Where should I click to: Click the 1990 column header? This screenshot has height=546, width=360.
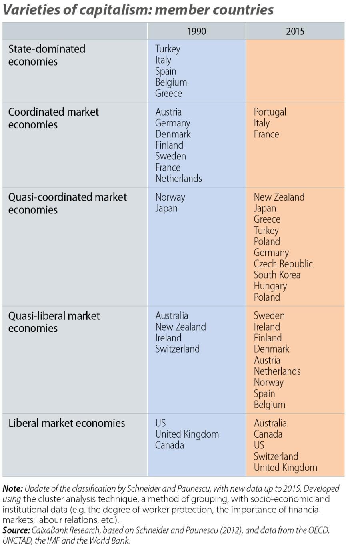[x=196, y=31]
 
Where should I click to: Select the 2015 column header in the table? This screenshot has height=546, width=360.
[x=295, y=31]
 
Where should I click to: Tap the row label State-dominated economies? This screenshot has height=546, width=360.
[x=46, y=55]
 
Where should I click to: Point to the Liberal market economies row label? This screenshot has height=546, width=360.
[x=66, y=423]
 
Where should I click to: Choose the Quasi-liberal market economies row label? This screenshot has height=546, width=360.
[x=54, y=322]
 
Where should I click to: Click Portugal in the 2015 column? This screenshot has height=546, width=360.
[x=270, y=112]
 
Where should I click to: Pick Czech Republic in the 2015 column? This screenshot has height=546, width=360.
[x=283, y=264]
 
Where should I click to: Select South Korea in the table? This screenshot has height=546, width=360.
[x=277, y=275]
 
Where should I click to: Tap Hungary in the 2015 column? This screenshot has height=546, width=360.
[x=270, y=286]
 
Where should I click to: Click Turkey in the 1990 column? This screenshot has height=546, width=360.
[x=168, y=49]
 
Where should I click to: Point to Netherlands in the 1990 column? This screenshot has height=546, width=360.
[x=178, y=179]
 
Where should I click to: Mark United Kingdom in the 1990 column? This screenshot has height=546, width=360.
[x=187, y=434]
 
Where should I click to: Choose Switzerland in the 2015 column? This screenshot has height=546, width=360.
[x=276, y=456]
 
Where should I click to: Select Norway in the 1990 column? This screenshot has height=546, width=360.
[x=170, y=197]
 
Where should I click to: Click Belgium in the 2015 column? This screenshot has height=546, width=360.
[x=270, y=405]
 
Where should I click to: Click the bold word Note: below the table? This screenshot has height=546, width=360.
[x=12, y=489]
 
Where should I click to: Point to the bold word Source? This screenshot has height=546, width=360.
[x=16, y=530]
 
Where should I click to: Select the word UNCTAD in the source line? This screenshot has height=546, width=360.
[x=16, y=541]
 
